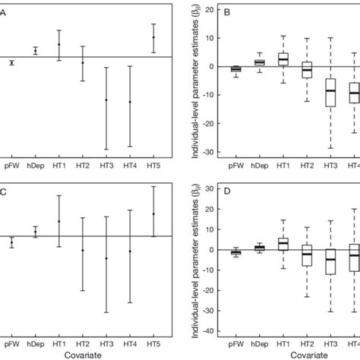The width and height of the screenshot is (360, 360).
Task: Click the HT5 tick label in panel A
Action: tap(154, 165)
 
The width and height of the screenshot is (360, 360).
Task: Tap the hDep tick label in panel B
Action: tap(260, 165)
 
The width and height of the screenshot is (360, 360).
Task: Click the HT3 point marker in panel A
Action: tap(106, 100)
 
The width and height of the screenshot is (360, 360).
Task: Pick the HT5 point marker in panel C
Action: tap(154, 213)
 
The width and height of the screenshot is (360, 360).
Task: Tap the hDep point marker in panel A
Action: tap(35, 51)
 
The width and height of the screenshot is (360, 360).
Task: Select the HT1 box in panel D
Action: tap(283, 244)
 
